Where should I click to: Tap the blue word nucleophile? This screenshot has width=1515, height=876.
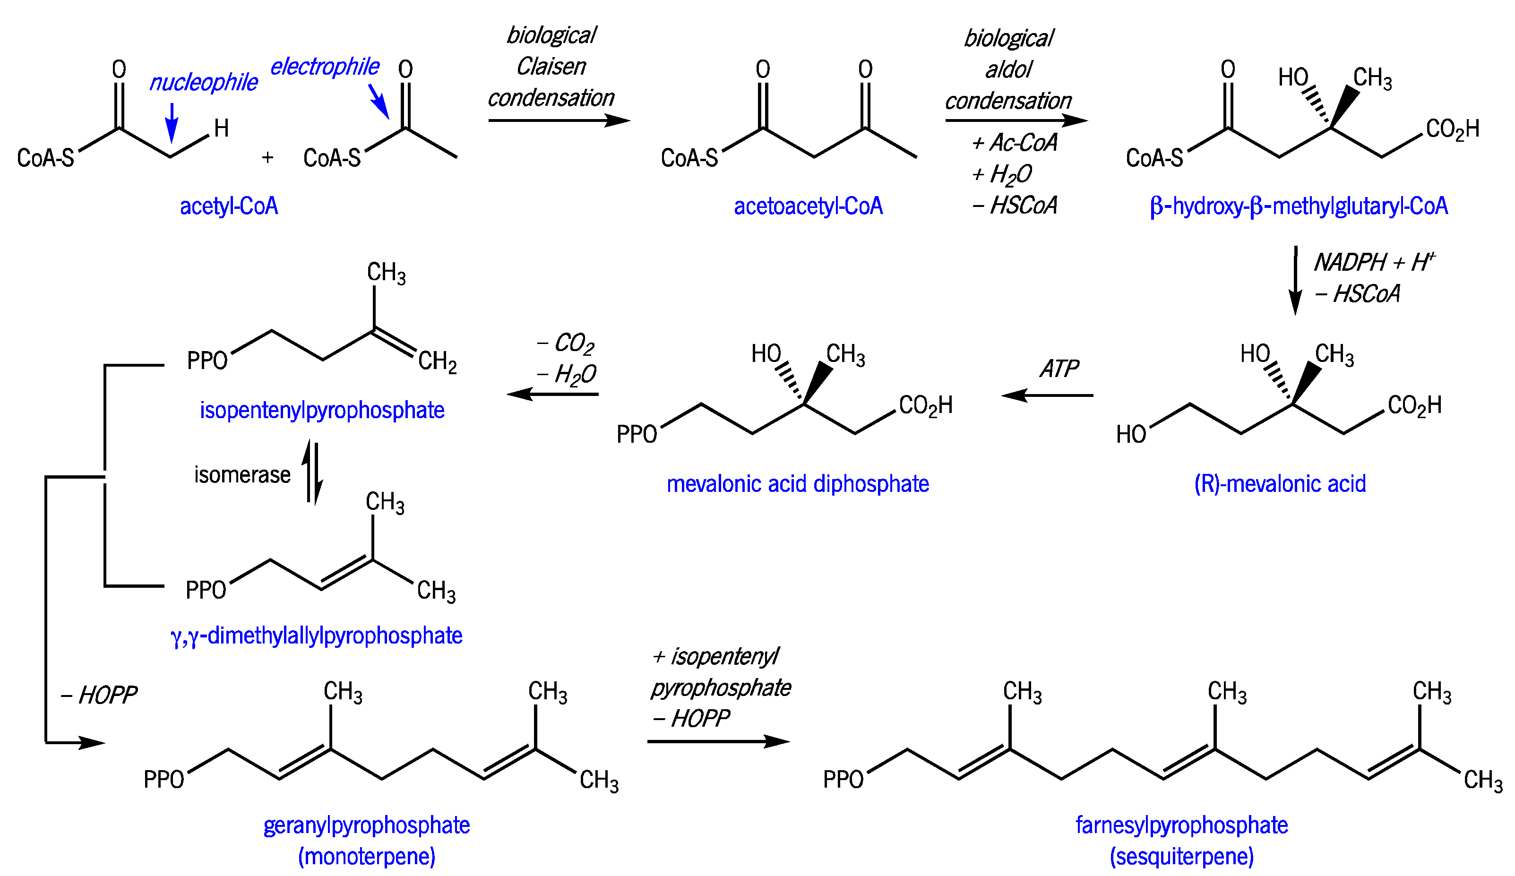point(203,82)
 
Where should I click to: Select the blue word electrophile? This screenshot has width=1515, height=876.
point(325,67)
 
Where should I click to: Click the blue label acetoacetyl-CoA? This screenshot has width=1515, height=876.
point(808,206)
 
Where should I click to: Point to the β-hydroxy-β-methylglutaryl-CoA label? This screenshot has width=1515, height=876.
point(1299,206)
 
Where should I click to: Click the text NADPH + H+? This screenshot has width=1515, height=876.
point(1374,262)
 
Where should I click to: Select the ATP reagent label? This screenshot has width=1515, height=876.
point(1059,369)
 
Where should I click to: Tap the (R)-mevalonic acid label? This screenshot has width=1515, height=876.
point(1279,483)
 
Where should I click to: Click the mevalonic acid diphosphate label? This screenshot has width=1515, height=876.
point(798,483)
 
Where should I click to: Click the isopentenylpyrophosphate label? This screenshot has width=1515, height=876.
point(322,410)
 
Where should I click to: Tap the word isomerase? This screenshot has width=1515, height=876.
point(242,474)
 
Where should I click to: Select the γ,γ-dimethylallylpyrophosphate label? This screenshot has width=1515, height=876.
point(317,636)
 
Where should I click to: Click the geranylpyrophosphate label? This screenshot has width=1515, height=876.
point(367,825)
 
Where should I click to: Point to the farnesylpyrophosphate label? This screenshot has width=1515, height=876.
point(1181,825)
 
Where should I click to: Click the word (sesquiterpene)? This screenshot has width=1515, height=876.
point(1181,856)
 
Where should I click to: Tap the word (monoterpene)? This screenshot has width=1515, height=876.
point(367,856)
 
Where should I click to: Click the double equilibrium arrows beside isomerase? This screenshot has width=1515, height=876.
point(313,473)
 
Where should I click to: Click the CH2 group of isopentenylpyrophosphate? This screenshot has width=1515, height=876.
point(437,361)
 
